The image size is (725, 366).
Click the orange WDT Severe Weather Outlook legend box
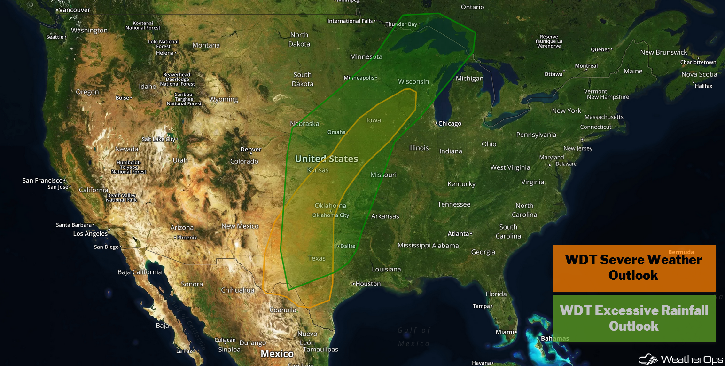[634, 268]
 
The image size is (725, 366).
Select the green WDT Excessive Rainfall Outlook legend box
[634, 318]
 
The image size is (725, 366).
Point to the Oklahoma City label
[331, 215]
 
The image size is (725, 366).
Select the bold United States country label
[326, 159]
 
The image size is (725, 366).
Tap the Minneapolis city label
[359, 78]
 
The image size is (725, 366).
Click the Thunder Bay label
[401, 24]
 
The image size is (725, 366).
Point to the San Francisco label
[42, 181]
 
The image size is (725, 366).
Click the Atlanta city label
[458, 234]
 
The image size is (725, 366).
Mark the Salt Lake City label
[158, 139]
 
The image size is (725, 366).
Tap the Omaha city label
[336, 132]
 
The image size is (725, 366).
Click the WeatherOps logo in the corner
[680, 359]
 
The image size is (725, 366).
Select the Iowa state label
[374, 120]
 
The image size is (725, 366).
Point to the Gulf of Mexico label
[413, 337]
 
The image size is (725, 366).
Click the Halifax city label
[704, 86]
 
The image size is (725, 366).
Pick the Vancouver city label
[75, 10]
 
